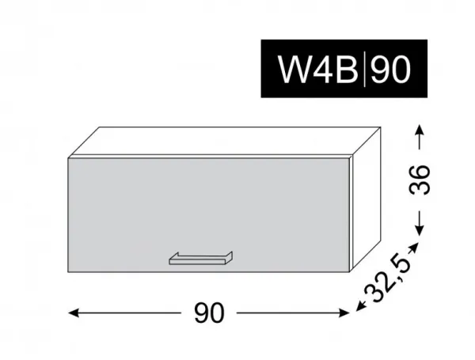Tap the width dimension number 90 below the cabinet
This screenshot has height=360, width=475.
209,313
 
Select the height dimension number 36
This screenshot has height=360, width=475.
420,180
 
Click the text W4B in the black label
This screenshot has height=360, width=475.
317,69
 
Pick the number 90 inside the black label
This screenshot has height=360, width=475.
391,70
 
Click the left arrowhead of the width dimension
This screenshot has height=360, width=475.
74,313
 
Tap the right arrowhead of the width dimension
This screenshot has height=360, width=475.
344,313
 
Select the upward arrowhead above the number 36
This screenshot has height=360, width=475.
420,129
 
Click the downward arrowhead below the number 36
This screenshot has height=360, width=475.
420,230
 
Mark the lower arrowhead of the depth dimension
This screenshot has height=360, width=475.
360,306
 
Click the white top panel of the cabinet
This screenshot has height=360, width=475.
224,142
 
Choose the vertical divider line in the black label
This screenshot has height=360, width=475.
364,70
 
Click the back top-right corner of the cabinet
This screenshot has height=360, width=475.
380,127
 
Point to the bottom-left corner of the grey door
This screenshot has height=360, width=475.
68,272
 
